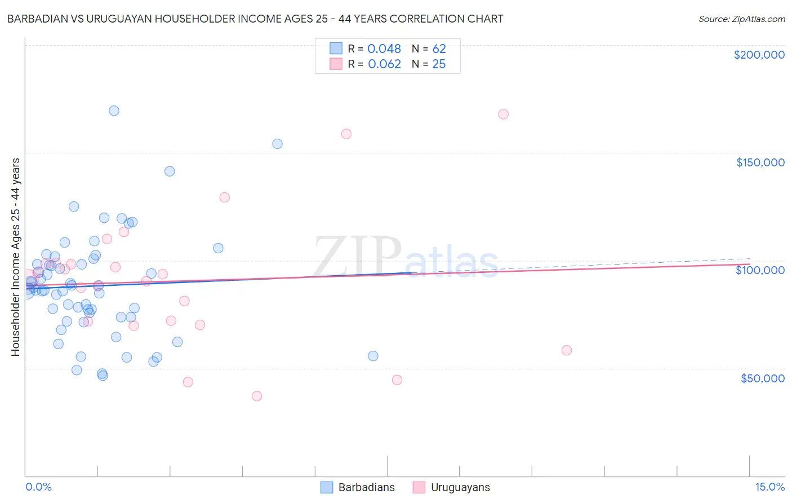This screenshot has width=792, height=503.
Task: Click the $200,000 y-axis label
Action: (759, 55)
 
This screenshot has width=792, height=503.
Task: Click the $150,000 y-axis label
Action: (760, 162)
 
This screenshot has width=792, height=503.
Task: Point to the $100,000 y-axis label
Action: (760, 270)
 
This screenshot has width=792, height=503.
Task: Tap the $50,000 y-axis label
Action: (762, 378)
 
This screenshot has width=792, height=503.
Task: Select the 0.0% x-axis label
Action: (38, 487)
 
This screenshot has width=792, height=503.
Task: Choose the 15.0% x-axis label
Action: (769, 487)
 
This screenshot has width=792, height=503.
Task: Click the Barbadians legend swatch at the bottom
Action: (327, 487)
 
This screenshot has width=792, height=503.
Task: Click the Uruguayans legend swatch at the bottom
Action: (419, 487)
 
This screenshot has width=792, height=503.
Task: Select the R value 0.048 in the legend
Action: (384, 48)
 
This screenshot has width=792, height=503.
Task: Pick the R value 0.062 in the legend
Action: (384, 64)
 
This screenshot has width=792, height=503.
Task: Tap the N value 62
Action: (439, 48)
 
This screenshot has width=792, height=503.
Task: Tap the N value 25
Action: (439, 64)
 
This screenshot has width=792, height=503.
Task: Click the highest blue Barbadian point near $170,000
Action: (114, 111)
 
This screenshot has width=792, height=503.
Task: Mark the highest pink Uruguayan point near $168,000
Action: (504, 114)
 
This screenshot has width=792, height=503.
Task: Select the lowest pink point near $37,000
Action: (257, 396)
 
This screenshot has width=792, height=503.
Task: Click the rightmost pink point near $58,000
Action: (567, 350)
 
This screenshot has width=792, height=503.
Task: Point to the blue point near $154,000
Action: (277, 144)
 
